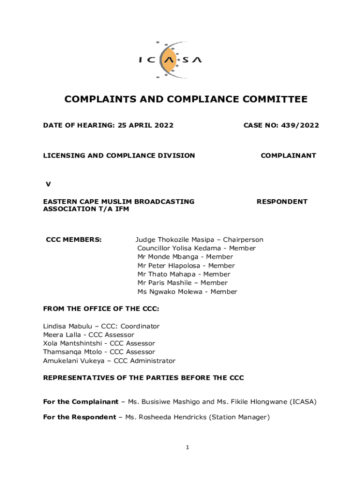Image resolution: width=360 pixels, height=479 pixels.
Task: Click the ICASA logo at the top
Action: [170, 59]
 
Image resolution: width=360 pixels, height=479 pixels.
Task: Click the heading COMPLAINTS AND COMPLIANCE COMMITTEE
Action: [186, 99]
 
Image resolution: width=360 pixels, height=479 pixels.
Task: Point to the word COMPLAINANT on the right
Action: [288, 156]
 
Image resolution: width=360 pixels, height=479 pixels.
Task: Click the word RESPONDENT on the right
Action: [282, 202]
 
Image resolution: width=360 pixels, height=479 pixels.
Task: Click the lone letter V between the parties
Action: [48, 184]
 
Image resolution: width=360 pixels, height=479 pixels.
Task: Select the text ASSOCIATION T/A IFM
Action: [86, 209]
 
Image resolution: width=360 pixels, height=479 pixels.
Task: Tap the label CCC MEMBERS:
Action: [73, 240]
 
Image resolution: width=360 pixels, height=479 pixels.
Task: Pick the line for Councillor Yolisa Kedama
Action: [196, 248]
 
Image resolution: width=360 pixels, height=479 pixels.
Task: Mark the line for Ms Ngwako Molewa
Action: [187, 292]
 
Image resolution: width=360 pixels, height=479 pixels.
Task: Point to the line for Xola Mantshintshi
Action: [99, 343]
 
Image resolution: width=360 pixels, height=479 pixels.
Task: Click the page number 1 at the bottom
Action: [187, 448]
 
